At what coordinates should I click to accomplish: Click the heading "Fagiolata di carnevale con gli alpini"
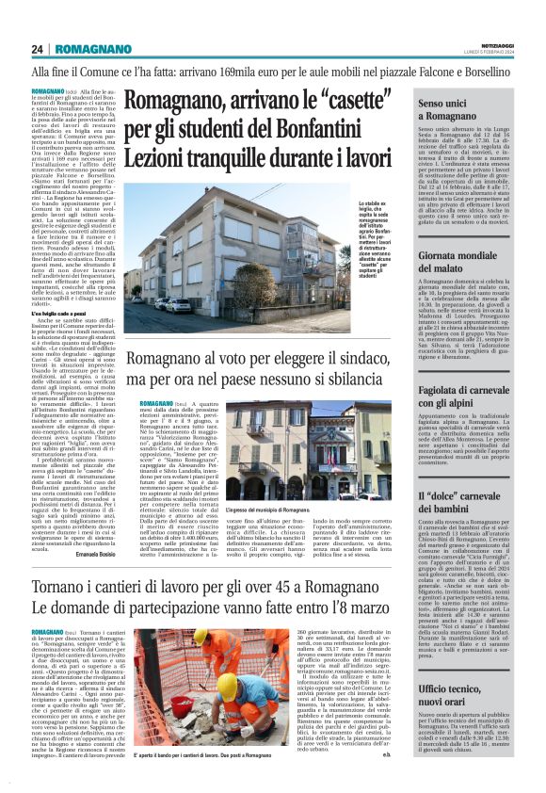[475, 371]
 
